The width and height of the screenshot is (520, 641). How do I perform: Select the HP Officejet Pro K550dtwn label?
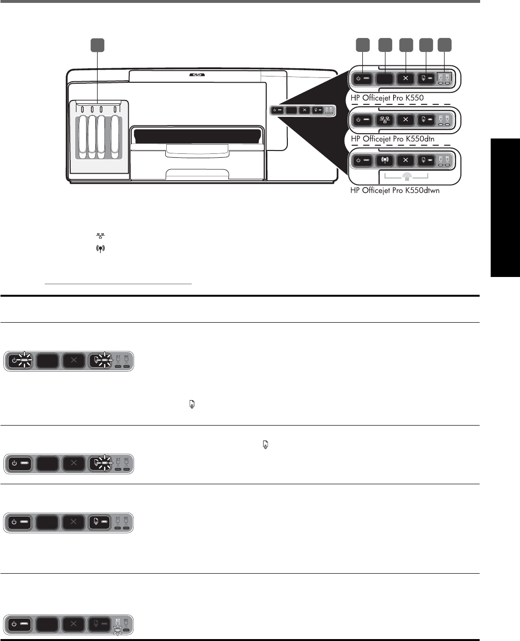pos(395,190)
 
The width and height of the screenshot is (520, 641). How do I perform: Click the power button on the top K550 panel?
pos(363,78)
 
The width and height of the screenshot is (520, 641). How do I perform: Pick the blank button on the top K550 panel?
pos(384,78)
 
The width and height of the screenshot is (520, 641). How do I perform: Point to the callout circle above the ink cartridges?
pos(98,45)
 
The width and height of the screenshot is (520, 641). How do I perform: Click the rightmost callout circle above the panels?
pos(445,45)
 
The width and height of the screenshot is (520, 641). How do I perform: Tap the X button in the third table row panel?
pos(73,523)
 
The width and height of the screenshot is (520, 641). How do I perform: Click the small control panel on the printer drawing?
pos(302,110)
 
